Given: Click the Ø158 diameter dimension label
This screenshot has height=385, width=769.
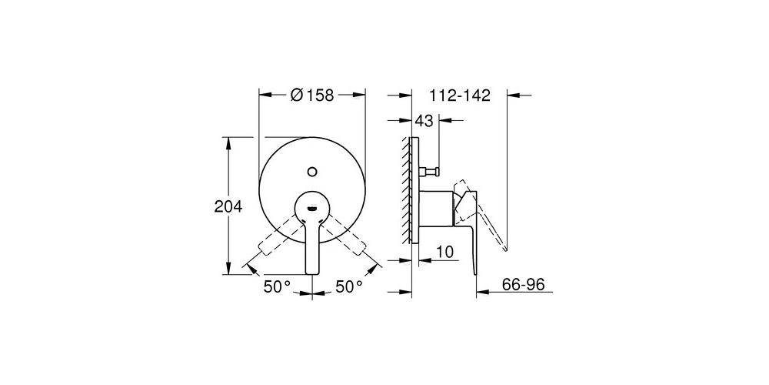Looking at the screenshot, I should point(311,95).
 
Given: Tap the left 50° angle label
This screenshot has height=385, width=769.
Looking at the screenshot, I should point(277,286).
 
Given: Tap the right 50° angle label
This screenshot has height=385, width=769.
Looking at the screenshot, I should point(348,286).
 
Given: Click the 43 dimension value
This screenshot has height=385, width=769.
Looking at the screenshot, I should point(424,121).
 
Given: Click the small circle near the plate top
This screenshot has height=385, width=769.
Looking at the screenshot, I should point(311,171).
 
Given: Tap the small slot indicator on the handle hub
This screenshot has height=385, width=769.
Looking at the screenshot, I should point(311,206).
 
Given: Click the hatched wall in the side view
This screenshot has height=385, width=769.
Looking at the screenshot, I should point(405,189).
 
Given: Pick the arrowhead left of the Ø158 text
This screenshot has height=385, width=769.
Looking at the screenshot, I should point(265,95).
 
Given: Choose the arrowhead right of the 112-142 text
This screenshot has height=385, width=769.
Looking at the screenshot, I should point(514,95).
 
